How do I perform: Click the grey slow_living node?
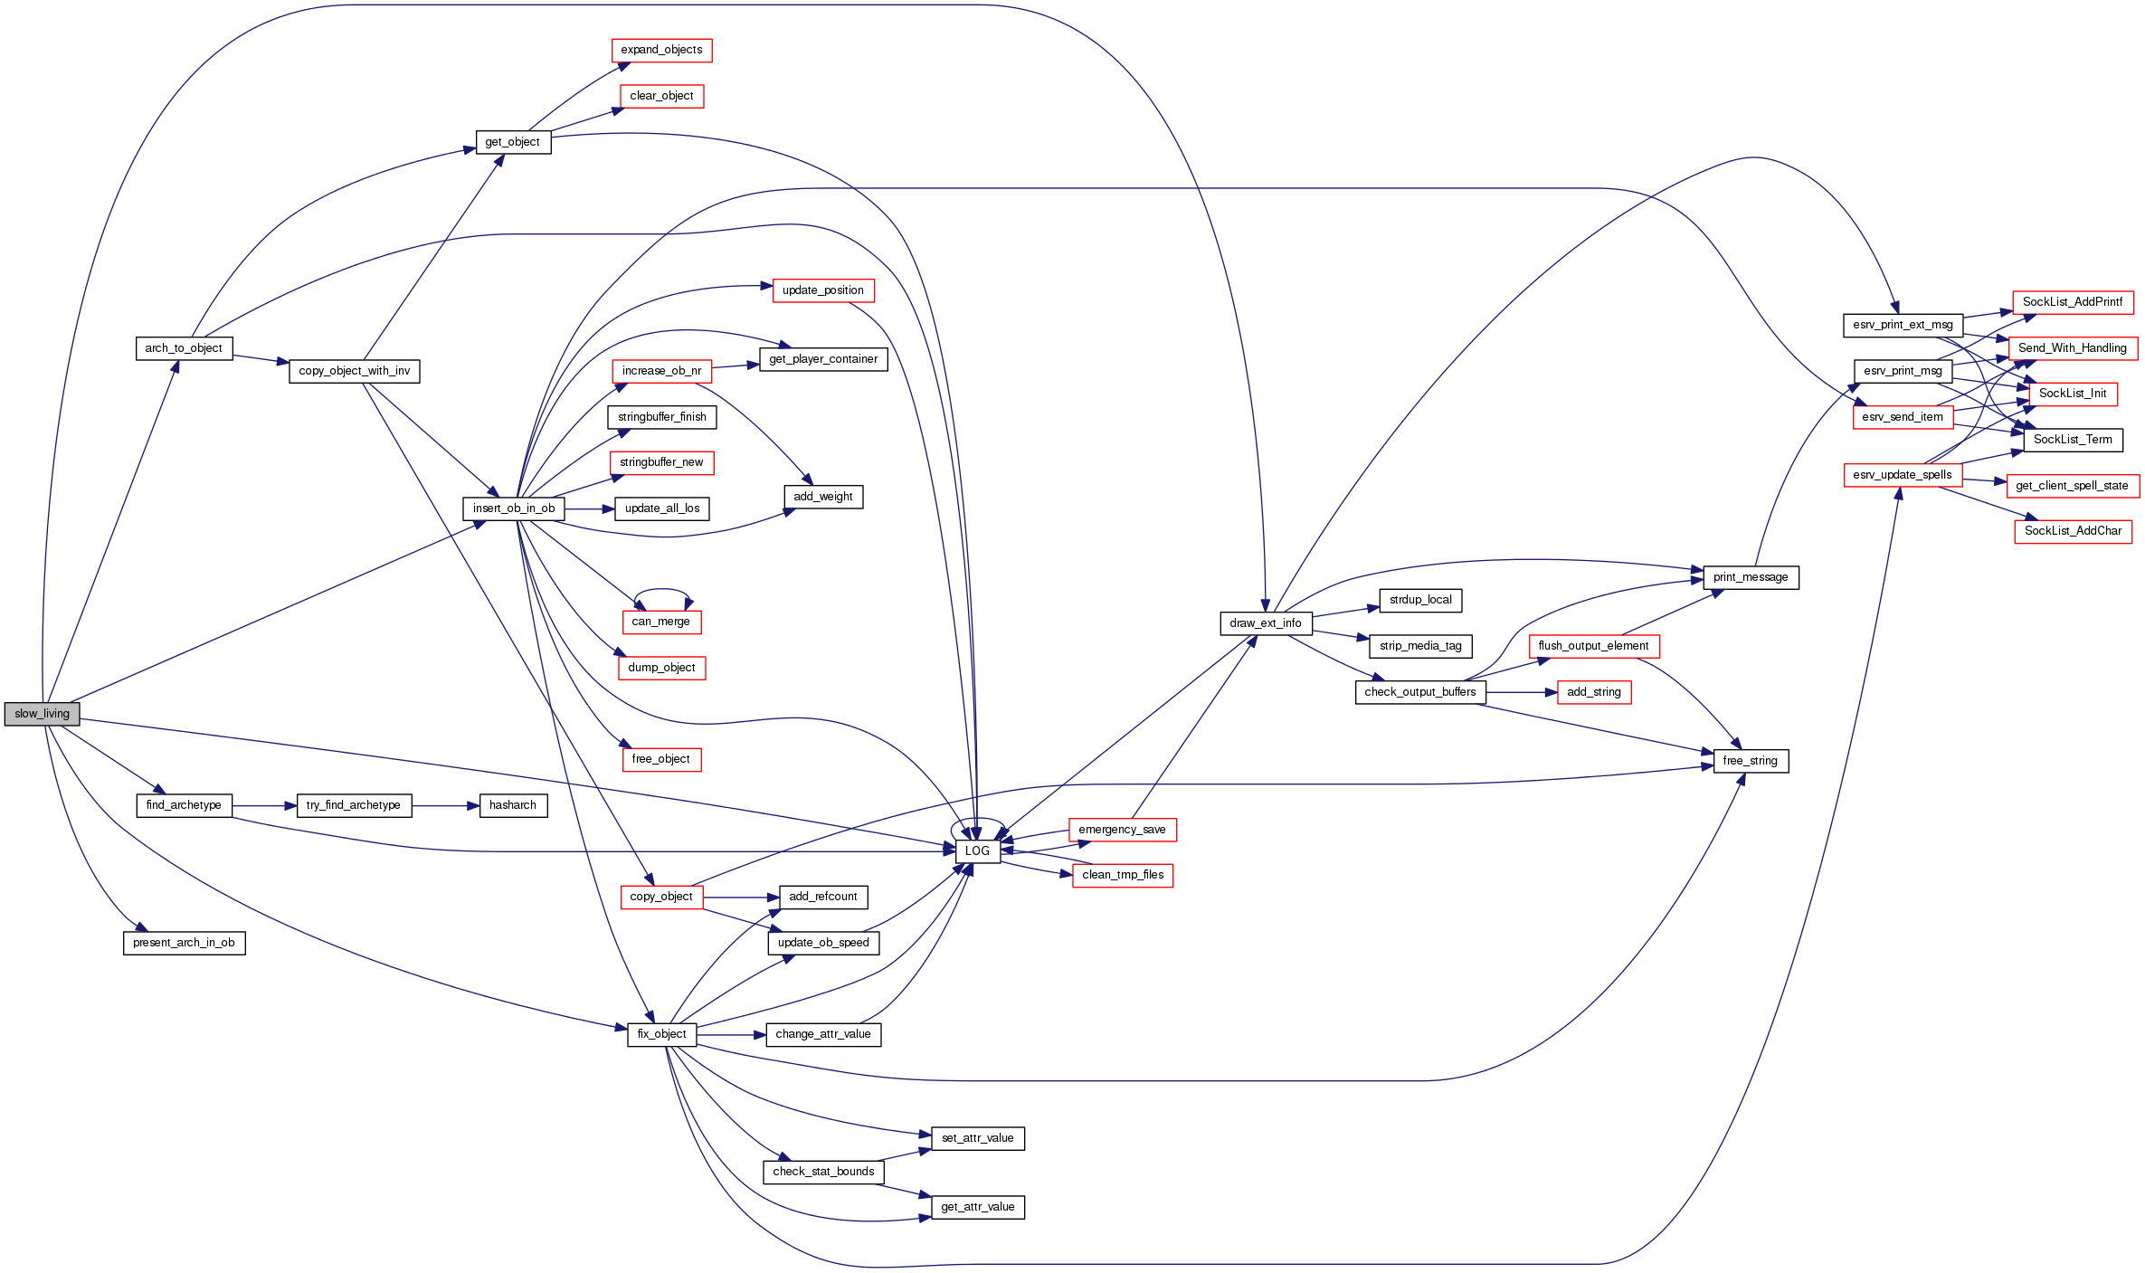tap(42, 714)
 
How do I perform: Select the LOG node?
tap(977, 851)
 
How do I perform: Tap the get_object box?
tap(513, 142)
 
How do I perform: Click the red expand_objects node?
tap(661, 50)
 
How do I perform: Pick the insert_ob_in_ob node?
tap(513, 508)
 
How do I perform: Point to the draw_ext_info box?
tap(1265, 623)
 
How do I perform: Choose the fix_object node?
tap(661, 1034)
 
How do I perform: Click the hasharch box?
tap(513, 805)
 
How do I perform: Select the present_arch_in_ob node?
tap(184, 943)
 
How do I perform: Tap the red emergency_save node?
tap(1122, 830)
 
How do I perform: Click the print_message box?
tap(1750, 577)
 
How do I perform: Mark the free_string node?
tap(1750, 761)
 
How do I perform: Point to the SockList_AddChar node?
tap(2073, 531)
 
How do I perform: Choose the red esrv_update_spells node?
tap(1902, 475)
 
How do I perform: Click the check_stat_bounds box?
tap(823, 1172)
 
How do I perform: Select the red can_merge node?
tap(661, 622)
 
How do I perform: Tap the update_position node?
tap(822, 290)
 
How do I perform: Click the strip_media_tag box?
tap(1420, 646)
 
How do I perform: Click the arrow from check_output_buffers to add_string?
tap(1521, 692)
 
